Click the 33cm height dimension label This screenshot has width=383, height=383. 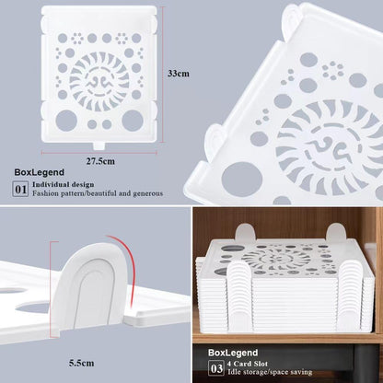pos(179,74)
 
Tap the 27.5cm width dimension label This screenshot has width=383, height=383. pos(100,161)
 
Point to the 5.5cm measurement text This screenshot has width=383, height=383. pos(81,364)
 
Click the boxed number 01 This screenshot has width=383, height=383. pos(21,190)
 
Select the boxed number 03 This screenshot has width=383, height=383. pos(216,368)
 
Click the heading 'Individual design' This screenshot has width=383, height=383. pos(64,185)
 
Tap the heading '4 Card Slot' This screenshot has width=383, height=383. pos(248,364)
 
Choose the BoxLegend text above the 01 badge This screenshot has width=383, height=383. pos(40,172)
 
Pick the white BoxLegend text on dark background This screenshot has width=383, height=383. pos(233,353)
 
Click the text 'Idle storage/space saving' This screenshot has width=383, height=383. pos(270,372)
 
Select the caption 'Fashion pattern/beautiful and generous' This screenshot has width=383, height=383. pos(98,193)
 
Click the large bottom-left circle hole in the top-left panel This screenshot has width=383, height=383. pos(66,121)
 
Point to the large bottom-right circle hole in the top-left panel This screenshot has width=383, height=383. pos(133,121)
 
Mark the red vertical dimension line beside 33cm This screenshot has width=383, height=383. pos(162,75)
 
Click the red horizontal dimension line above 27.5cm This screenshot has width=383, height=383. pos(99,152)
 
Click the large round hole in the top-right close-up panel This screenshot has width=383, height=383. pos(242,179)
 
